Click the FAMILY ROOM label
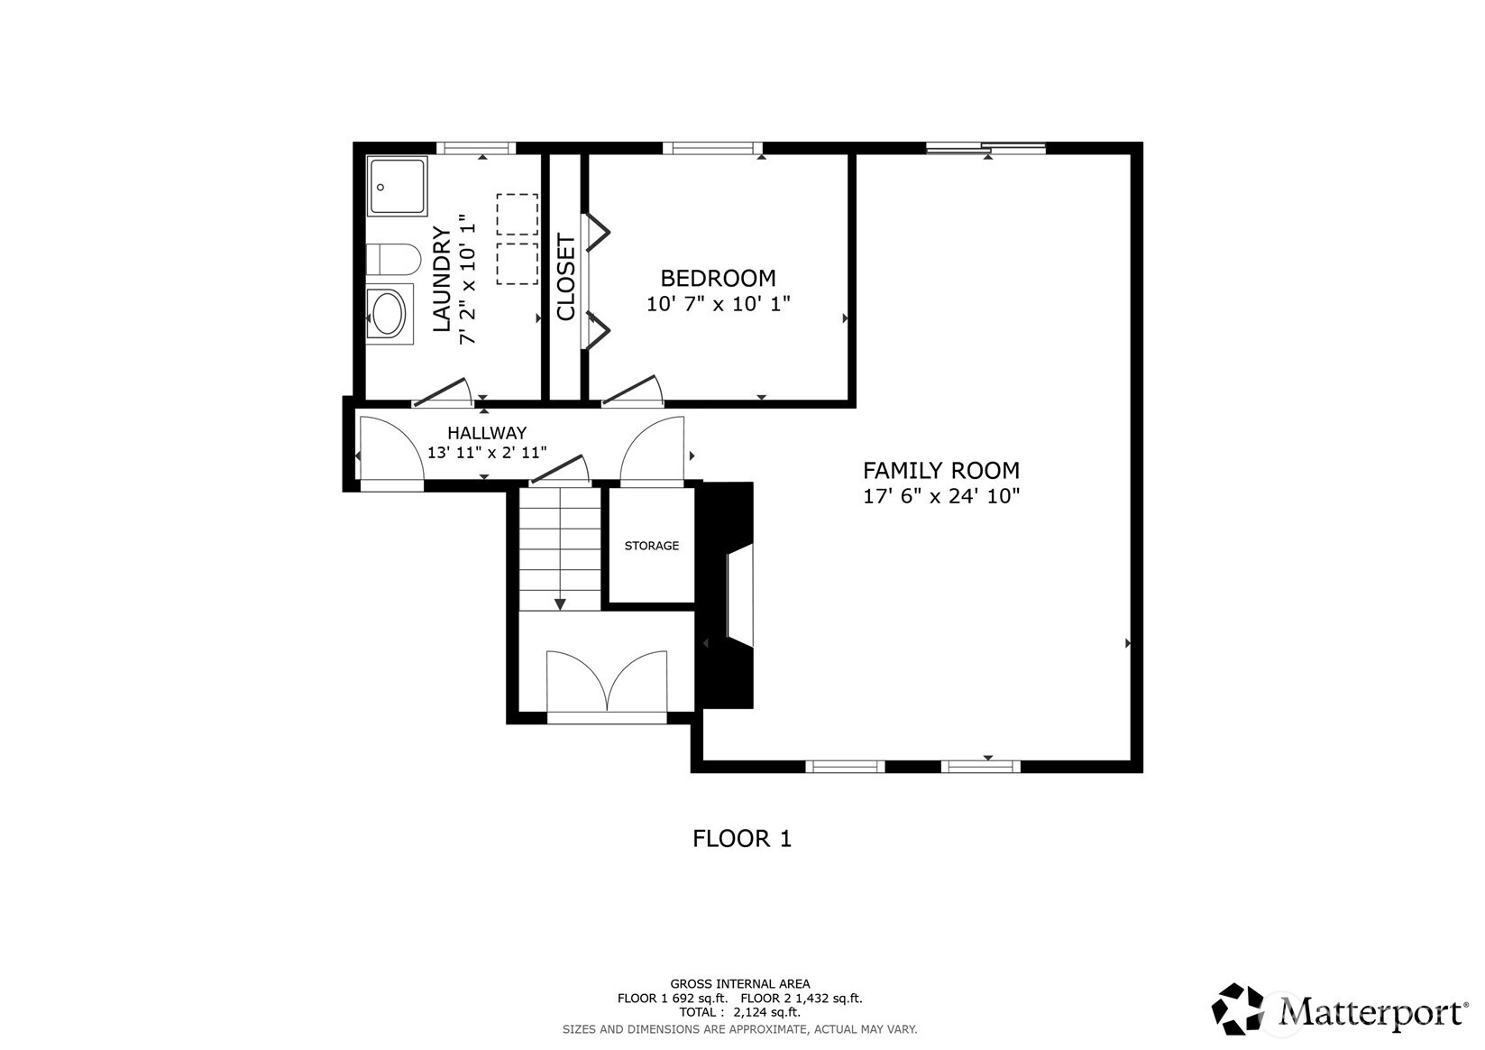[940, 470]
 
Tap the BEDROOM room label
[718, 278]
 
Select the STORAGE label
[651, 546]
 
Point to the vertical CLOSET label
[566, 277]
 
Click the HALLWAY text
[486, 433]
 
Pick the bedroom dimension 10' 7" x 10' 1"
[718, 304]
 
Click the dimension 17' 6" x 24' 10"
[940, 496]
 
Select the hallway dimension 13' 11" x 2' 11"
[486, 453]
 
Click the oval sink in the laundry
[390, 314]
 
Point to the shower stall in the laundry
[397, 187]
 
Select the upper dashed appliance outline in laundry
[517, 215]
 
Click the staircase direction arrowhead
[560, 603]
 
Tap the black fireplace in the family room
[729, 595]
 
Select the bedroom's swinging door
[631, 391]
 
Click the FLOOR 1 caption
[741, 839]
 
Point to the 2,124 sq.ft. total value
[765, 1013]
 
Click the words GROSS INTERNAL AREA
[739, 984]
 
